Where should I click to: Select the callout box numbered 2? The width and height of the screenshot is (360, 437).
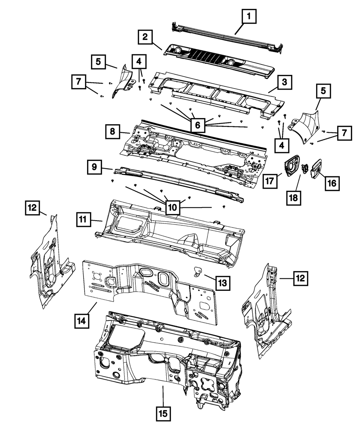coord(145,37)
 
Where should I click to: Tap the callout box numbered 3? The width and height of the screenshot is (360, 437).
coord(284,82)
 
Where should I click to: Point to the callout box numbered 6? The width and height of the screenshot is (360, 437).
coord(197,125)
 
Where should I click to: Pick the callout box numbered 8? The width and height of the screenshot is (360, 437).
coord(113,131)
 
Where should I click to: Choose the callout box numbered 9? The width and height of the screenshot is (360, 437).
coord(94,167)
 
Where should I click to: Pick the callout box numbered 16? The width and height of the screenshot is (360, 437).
coord(332,183)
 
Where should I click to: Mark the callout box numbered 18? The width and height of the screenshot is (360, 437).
coord(294,197)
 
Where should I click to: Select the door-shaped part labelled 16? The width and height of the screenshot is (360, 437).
coord(316,167)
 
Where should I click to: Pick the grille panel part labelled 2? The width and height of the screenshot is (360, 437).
coord(216,58)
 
